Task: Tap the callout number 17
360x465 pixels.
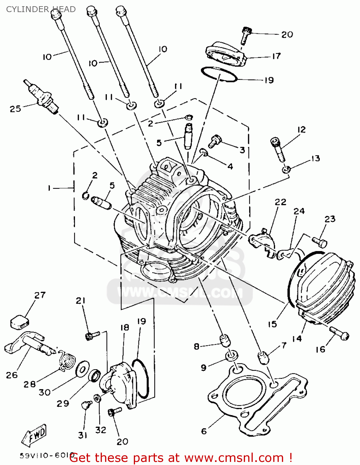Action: pyautogui.click(x=276, y=56)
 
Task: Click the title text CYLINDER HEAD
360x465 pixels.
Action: pyautogui.click(x=41, y=9)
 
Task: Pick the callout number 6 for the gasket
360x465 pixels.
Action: pyautogui.click(x=204, y=431)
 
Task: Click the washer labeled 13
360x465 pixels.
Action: pyautogui.click(x=286, y=170)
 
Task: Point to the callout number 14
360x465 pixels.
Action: pyautogui.click(x=296, y=339)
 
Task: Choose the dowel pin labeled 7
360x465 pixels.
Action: pyautogui.click(x=263, y=357)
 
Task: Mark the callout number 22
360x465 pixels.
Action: pyautogui.click(x=280, y=202)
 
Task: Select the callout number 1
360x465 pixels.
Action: pyautogui.click(x=49, y=188)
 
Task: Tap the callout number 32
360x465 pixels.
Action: pyautogui.click(x=100, y=430)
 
